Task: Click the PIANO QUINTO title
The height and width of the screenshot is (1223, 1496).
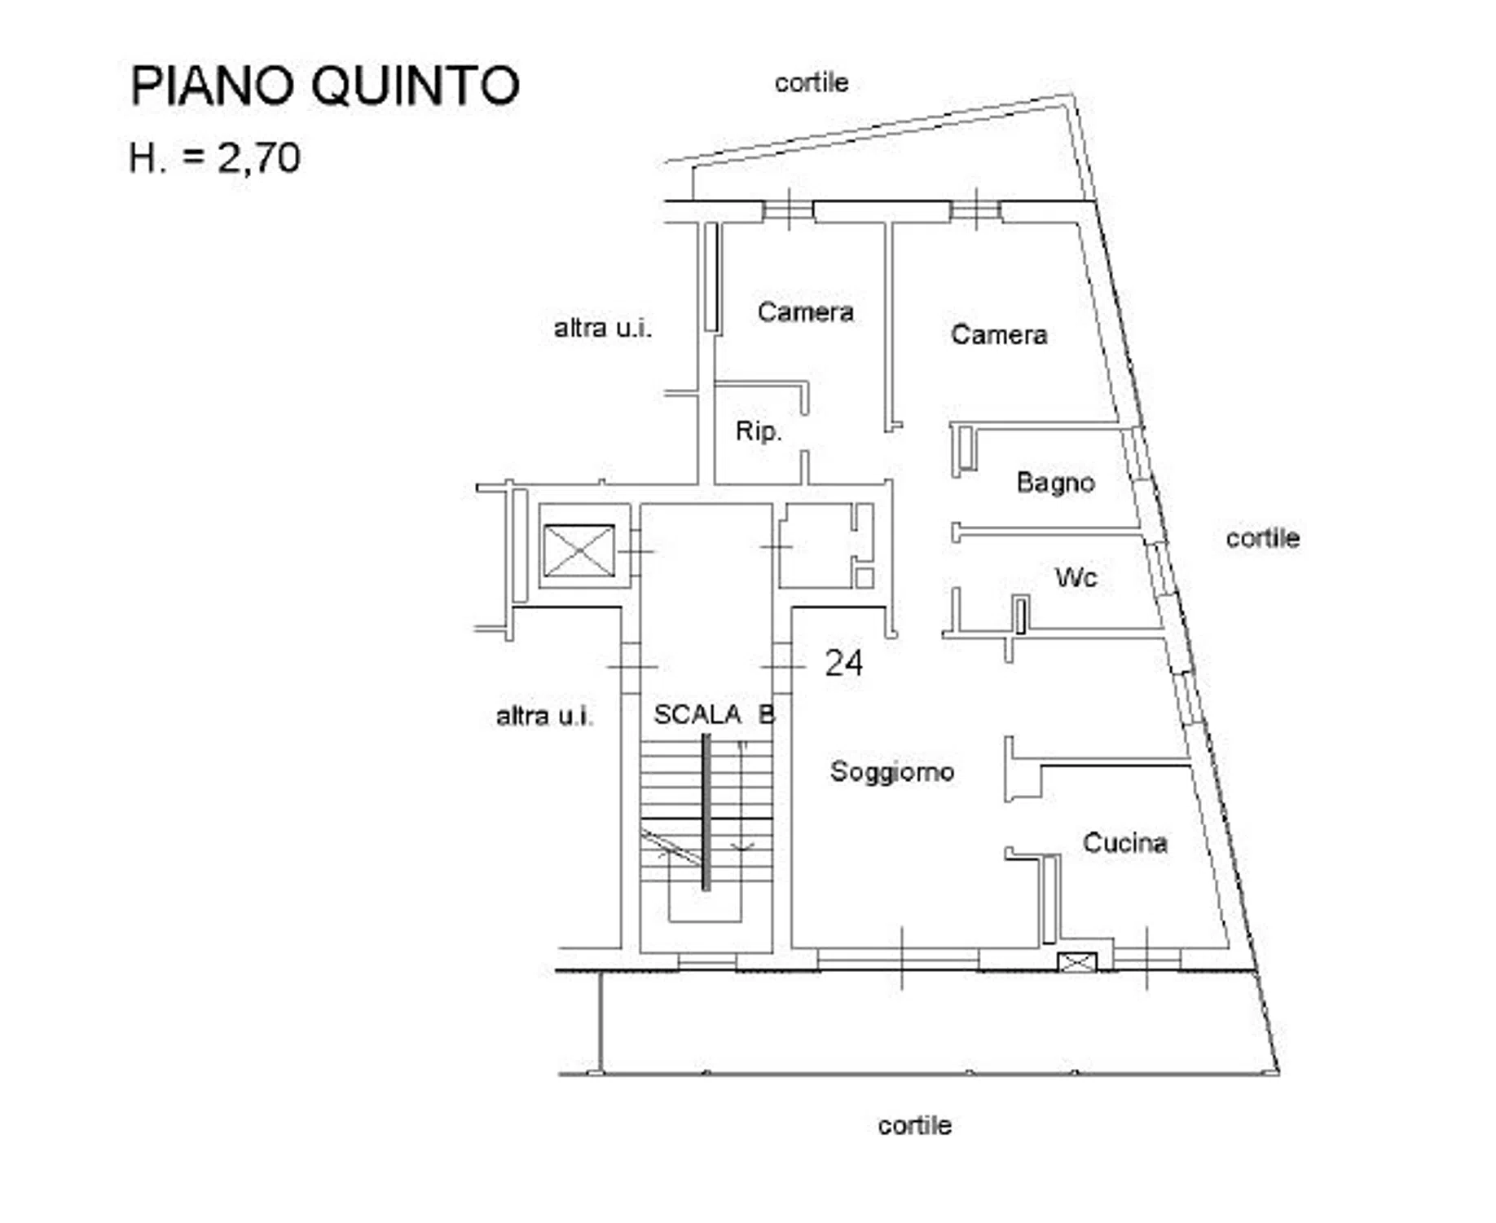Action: click(x=325, y=86)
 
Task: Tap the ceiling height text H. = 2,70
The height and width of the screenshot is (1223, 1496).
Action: click(x=214, y=157)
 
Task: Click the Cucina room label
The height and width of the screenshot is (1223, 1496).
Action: click(x=1125, y=842)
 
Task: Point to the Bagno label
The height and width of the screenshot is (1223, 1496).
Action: click(x=1055, y=483)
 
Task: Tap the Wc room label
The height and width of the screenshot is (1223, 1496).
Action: click(x=1076, y=577)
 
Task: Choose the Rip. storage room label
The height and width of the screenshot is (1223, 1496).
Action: click(x=759, y=430)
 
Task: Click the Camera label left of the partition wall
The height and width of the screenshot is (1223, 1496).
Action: click(x=806, y=311)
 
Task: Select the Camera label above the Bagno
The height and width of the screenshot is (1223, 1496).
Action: click(x=999, y=334)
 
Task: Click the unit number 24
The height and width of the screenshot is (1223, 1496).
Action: click(x=843, y=663)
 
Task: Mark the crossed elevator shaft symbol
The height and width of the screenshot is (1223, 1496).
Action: click(x=579, y=550)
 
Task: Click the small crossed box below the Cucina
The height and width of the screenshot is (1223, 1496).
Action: click(x=1076, y=963)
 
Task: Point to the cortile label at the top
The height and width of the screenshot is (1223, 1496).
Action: click(x=812, y=82)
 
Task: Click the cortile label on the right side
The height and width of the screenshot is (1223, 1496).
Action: click(x=1263, y=538)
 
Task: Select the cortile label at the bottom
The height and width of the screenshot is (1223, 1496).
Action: click(x=915, y=1125)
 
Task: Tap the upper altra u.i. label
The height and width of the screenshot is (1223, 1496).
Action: click(x=603, y=328)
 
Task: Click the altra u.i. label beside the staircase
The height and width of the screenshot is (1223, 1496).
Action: click(x=545, y=716)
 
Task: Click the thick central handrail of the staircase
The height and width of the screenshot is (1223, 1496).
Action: click(x=706, y=812)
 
